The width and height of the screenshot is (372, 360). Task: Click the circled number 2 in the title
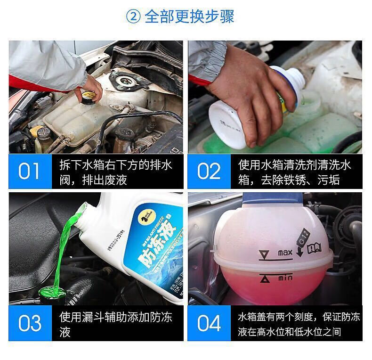(x=133, y=17)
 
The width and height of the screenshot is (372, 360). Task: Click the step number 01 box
(x=30, y=171)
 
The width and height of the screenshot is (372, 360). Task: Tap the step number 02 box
(x=209, y=171)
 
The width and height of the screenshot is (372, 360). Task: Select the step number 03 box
(x=30, y=324)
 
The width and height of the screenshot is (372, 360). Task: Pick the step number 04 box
(x=209, y=324)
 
